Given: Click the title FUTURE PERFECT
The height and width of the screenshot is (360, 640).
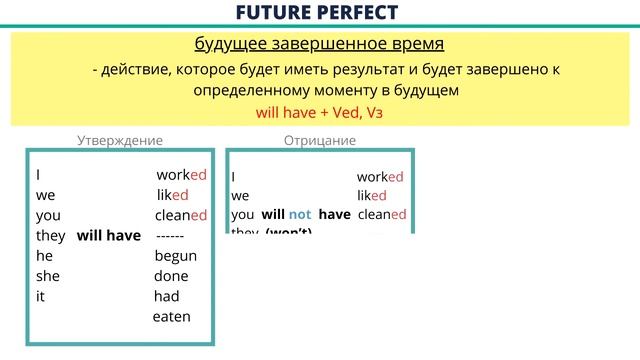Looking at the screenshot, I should [x=319, y=13].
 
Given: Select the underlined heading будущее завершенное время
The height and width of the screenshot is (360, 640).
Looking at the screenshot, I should [x=319, y=45].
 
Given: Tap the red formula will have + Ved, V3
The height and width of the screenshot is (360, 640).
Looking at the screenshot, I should [x=320, y=114].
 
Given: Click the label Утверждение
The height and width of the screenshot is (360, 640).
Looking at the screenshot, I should [x=120, y=141].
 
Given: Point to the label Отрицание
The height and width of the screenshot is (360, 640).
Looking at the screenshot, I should [x=320, y=141].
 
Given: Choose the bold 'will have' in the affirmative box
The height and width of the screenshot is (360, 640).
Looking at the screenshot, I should [x=109, y=235].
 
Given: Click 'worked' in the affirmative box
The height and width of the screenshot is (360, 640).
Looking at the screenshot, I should [x=181, y=174].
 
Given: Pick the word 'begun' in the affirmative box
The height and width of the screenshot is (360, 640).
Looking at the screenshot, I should [x=176, y=256].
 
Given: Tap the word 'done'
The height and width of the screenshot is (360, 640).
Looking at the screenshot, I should [x=172, y=276].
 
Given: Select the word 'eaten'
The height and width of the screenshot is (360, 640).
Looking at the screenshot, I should [x=171, y=317].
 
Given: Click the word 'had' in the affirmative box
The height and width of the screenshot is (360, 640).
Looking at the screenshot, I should [x=166, y=296].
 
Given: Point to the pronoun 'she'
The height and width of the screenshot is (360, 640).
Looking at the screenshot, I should [x=48, y=276].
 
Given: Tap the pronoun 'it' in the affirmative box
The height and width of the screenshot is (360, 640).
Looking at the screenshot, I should [x=40, y=296].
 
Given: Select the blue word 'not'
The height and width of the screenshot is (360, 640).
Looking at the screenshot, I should [x=301, y=215].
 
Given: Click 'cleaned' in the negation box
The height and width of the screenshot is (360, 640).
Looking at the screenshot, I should [x=381, y=215].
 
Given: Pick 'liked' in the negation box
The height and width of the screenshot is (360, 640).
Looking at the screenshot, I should [x=372, y=196].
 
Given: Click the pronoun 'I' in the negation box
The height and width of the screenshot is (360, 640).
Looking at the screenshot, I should [x=234, y=177].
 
